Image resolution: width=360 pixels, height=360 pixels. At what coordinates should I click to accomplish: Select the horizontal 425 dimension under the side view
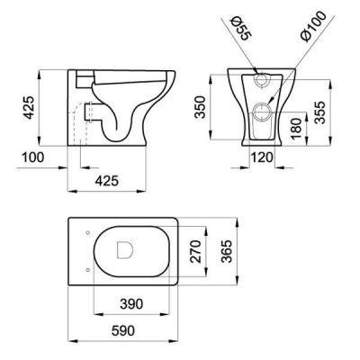(107, 181)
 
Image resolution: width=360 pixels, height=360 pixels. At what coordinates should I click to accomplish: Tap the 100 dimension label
(33, 157)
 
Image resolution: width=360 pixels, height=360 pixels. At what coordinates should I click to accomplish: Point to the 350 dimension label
(200, 107)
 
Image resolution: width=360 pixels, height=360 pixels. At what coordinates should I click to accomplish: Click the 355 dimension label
(319, 112)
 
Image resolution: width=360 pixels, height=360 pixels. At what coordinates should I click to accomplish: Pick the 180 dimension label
(296, 129)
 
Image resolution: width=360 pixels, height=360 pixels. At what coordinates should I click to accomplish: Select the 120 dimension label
(262, 157)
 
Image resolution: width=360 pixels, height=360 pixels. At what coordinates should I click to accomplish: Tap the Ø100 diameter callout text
(313, 27)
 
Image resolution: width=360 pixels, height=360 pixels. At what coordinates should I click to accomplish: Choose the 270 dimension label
(195, 251)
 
